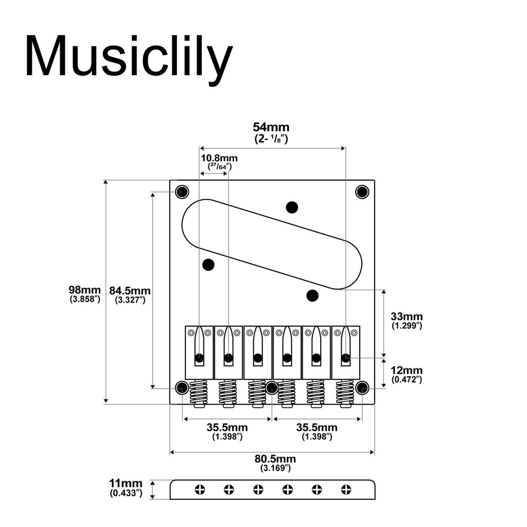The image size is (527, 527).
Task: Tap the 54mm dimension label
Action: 271,127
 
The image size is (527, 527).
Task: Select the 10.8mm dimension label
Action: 219,158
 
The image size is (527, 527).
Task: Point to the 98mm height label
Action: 85,289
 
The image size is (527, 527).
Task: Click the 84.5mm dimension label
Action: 130,290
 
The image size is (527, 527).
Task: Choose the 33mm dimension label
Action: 407,317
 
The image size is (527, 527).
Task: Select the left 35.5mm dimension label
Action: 227,428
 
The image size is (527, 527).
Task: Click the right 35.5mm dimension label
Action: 317,428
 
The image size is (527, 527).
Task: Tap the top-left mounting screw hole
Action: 182,192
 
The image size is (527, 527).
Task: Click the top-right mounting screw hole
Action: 362,192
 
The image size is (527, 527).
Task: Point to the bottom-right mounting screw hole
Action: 362,388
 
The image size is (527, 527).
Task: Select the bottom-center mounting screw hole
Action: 272,388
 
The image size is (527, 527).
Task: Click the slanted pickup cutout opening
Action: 272,242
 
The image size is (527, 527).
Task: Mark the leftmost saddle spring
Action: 198,393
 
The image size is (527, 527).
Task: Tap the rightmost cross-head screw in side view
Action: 346,490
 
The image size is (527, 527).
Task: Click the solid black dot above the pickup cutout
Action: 292,207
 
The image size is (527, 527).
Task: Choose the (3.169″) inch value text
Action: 275,468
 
